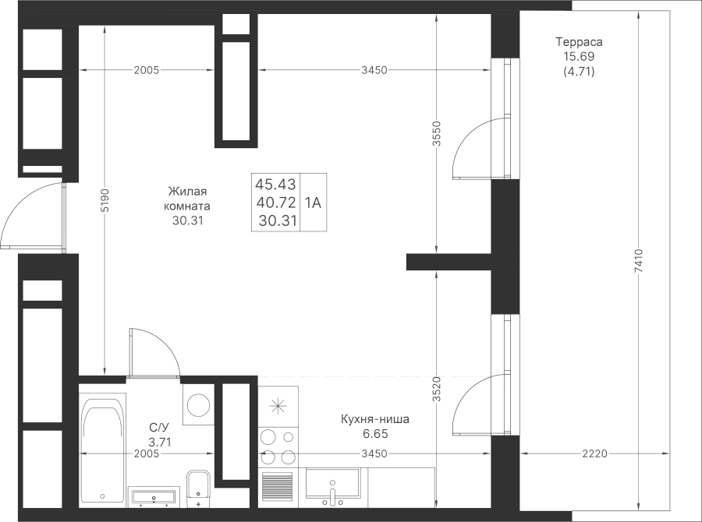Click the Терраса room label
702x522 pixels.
(x=579, y=42)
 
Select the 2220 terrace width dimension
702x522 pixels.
(x=595, y=453)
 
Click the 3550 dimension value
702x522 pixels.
(x=437, y=133)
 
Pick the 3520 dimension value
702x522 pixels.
(x=437, y=389)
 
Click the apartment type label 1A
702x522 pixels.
(x=313, y=203)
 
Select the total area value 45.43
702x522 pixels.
(x=276, y=184)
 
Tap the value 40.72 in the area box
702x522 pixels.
(x=276, y=203)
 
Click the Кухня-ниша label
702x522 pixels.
(x=375, y=420)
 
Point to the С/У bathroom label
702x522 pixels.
(x=159, y=427)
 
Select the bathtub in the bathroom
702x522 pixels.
(x=102, y=450)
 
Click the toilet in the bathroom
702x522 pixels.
(x=198, y=488)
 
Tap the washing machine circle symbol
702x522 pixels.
(x=199, y=405)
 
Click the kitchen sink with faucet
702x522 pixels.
(x=332, y=484)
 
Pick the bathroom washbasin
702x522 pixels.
(x=153, y=497)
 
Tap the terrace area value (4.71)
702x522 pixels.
(x=579, y=71)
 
